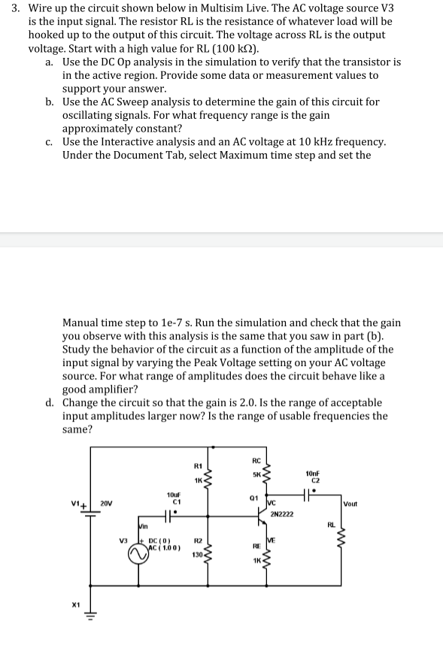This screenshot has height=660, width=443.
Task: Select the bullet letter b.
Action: [50, 101]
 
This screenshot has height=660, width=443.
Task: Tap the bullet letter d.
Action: [50, 403]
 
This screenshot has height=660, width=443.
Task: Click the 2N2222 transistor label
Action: [281, 514]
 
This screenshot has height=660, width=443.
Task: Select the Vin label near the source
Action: [144, 528]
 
